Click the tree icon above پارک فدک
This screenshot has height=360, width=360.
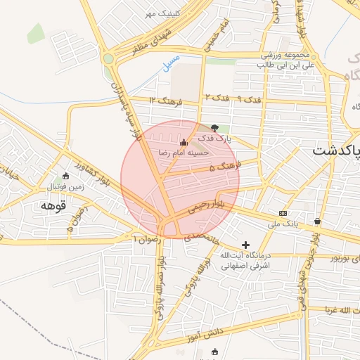214,128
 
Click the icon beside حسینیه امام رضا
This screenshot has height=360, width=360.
184,142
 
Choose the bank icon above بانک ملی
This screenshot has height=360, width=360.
283,213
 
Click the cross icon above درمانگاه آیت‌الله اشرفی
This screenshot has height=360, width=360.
245,244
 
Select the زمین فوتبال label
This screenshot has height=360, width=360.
67,187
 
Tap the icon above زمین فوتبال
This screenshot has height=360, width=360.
66,176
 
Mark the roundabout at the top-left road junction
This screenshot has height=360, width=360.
108,59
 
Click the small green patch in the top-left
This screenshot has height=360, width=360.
36,32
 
